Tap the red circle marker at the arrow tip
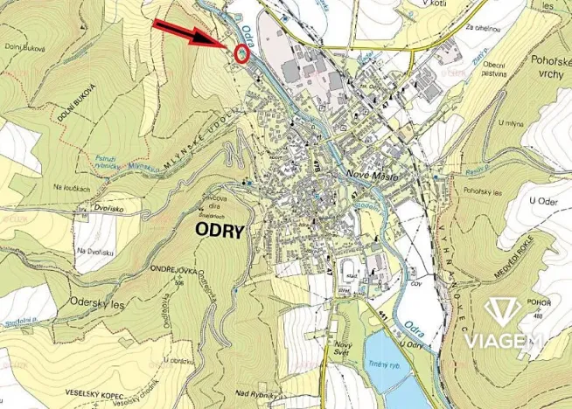click(243, 52)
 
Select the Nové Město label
click(373, 176)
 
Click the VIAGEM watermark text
click(505, 340)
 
